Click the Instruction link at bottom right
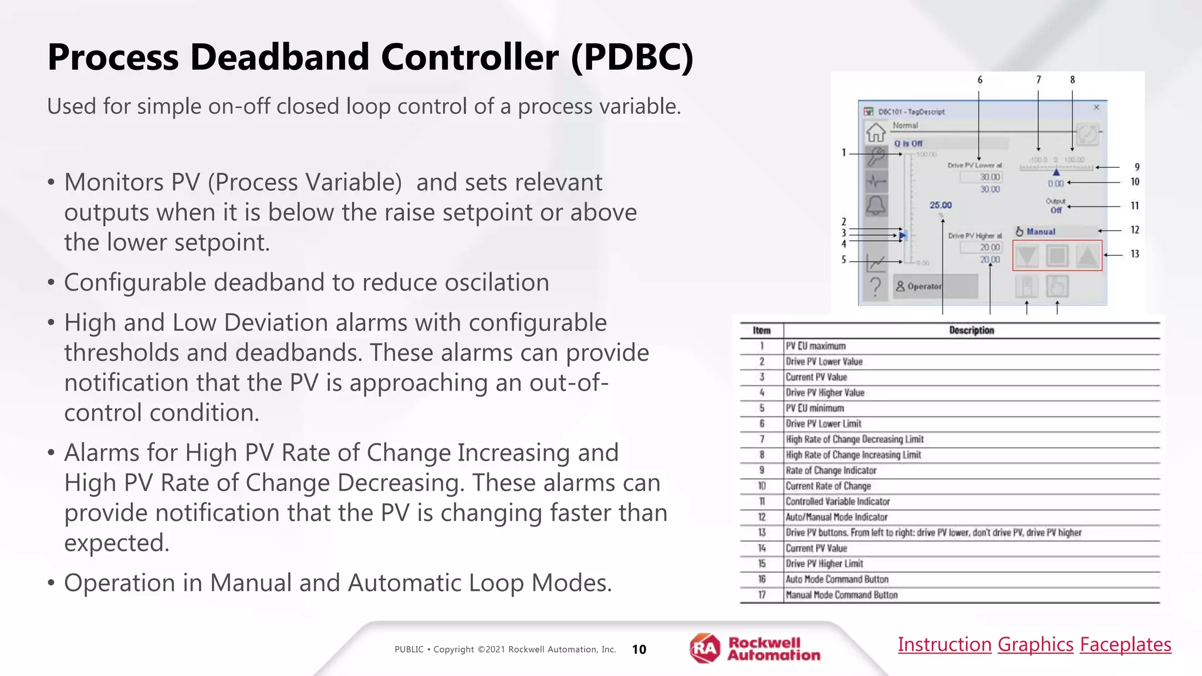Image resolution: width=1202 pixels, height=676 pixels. click(x=944, y=644)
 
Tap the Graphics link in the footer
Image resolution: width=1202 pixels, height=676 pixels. click(x=1035, y=644)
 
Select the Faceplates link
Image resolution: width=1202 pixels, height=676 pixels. click(x=1125, y=644)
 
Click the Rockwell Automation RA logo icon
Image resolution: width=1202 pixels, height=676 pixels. click(x=704, y=648)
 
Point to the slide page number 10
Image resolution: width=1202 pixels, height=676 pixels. click(x=639, y=649)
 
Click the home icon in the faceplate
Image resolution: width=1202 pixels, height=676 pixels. click(x=876, y=133)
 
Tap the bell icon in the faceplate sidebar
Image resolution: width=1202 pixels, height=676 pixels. click(x=876, y=205)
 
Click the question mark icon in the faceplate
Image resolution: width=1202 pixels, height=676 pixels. click(x=876, y=286)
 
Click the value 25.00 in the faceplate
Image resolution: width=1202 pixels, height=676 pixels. click(x=940, y=205)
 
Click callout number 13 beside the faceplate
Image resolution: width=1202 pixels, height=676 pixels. click(x=1135, y=254)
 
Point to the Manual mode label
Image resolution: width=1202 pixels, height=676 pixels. click(x=1041, y=232)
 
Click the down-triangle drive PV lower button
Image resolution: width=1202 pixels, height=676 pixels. click(x=1027, y=256)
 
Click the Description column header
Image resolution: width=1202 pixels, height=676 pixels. click(x=971, y=330)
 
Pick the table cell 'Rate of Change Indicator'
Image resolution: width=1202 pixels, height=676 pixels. click(x=830, y=470)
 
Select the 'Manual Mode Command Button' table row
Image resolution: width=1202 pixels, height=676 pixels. click(x=841, y=594)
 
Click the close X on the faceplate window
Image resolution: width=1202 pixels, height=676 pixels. click(x=1096, y=107)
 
